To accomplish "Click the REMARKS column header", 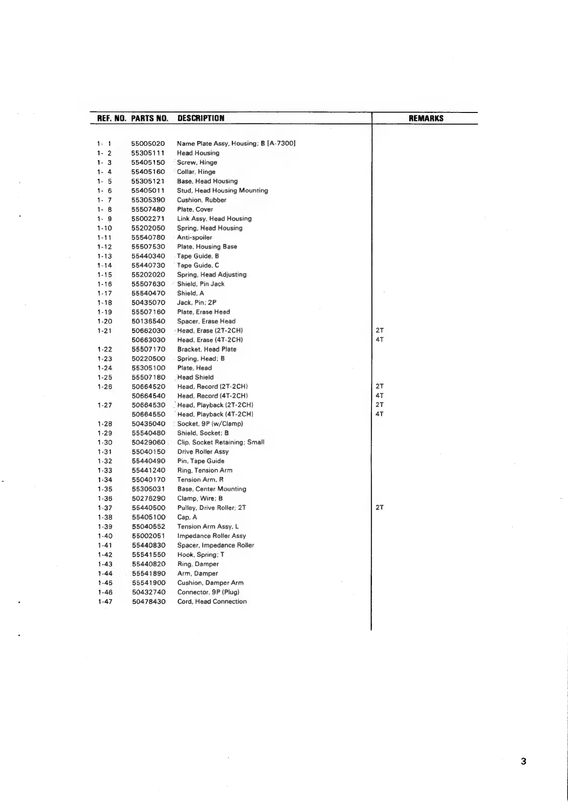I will point(426,119).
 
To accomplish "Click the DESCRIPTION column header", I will point(201,119).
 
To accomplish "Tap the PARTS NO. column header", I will point(150,119).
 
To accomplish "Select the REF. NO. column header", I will point(112,119).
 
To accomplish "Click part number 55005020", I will point(148,143).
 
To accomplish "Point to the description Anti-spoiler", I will point(195,237).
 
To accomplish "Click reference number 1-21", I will point(104,331).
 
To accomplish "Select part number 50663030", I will point(148,340).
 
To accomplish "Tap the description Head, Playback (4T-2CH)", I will point(215,414).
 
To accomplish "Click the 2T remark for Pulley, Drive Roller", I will point(380,508).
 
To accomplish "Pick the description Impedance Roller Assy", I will point(212,536).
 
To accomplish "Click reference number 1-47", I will point(105,601).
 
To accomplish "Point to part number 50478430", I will point(149,601).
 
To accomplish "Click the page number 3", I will point(524,761).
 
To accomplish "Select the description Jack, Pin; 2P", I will point(197,303).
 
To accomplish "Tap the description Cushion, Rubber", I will point(202,200).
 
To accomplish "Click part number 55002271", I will point(148,219).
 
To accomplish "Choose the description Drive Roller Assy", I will point(203,451).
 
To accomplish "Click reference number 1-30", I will point(105,442).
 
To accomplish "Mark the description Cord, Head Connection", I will point(212,601).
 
